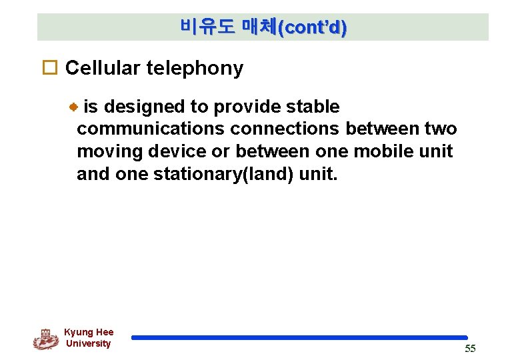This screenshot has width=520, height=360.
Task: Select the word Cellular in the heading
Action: pyautogui.click(x=103, y=68)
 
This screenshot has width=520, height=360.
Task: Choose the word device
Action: pyautogui.click(x=176, y=151)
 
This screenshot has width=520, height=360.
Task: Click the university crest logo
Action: pyautogui.click(x=45, y=339)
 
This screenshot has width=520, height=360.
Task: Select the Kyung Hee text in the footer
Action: pyautogui.click(x=89, y=332)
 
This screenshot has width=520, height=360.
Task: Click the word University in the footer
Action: pyautogui.click(x=88, y=343)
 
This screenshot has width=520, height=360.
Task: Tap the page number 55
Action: pyautogui.click(x=470, y=349)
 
